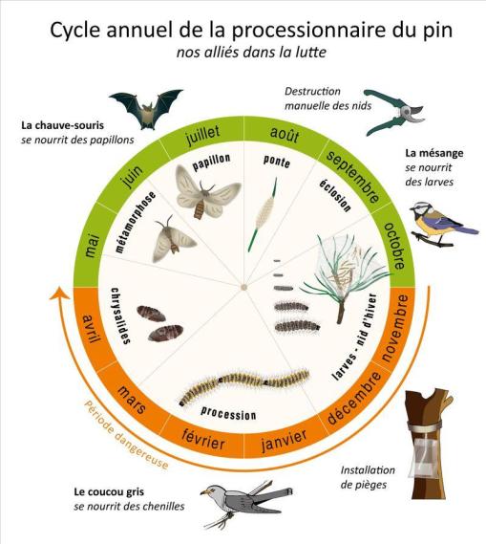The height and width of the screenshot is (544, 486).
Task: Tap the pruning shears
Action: pyautogui.click(x=394, y=112)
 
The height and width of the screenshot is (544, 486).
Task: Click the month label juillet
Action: pyautogui.click(x=202, y=135)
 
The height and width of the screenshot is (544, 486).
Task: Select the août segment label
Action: pyautogui.click(x=284, y=134)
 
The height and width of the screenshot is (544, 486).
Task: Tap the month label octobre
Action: pyautogui.click(x=395, y=246)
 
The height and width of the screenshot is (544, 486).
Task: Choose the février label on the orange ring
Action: pyautogui.click(x=203, y=440)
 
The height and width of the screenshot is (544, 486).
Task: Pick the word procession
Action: pyautogui.click(x=228, y=413)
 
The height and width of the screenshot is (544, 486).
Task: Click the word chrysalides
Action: pyautogui.click(x=120, y=316)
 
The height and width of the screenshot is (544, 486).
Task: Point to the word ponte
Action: pyautogui.click(x=277, y=162)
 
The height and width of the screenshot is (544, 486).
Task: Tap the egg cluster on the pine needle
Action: pyautogui.click(x=263, y=214)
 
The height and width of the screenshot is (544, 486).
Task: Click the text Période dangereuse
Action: pyautogui.click(x=126, y=435)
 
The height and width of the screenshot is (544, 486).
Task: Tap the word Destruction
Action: pyautogui.click(x=312, y=91)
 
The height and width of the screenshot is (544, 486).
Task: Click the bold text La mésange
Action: pyautogui.click(x=434, y=153)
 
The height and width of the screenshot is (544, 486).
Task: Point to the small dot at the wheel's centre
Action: pyautogui.click(x=243, y=287)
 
